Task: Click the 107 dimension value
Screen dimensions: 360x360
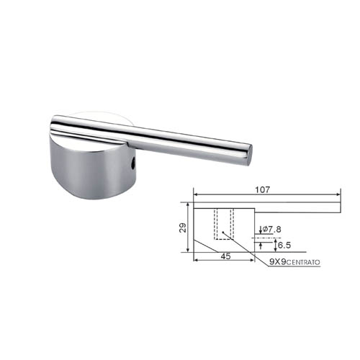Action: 262,190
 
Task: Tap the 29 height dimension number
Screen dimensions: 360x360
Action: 183,228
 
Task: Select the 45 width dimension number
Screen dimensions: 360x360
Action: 225,256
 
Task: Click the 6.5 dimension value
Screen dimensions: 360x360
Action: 284,246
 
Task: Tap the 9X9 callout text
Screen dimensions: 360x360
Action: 277,262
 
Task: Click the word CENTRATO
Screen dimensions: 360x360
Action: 303,263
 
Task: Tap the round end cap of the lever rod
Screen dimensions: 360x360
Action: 249,155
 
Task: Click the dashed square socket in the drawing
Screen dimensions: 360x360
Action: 224,224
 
